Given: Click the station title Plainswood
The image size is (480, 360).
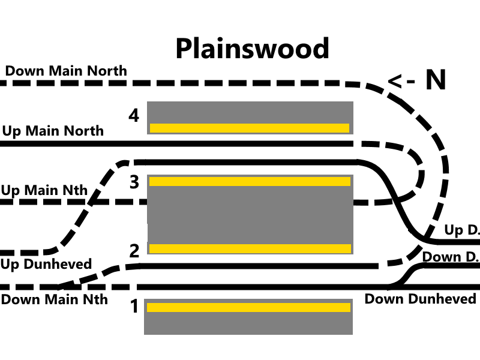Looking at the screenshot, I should (x=252, y=48).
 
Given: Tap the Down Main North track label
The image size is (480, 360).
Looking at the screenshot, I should (x=66, y=71).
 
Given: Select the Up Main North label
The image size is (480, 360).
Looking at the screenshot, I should (x=53, y=131).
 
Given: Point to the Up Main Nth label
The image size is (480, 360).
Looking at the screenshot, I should (x=44, y=191).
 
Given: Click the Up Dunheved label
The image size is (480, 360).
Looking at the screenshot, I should (x=46, y=264).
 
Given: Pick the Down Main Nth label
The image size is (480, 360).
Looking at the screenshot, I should (x=54, y=299).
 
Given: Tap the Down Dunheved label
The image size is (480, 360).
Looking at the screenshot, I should (x=420, y=299).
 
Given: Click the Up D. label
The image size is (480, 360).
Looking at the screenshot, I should (x=461, y=230).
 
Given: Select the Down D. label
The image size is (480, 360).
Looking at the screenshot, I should (x=451, y=257).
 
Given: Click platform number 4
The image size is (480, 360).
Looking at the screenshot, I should (x=134, y=115).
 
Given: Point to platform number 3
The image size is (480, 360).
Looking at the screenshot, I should (x=134, y=182).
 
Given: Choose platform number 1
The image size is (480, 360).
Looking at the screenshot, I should (x=134, y=307).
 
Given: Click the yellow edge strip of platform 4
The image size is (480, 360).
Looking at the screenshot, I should (x=249, y=128).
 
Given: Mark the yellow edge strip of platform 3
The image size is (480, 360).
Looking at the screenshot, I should (x=250, y=181).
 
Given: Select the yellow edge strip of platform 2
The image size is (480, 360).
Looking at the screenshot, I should (x=250, y=248).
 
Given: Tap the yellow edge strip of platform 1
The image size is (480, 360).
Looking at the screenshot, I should (x=248, y=307).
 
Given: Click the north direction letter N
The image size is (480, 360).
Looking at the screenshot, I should (x=436, y=80).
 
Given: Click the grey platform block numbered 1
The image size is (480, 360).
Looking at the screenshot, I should (x=248, y=323).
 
